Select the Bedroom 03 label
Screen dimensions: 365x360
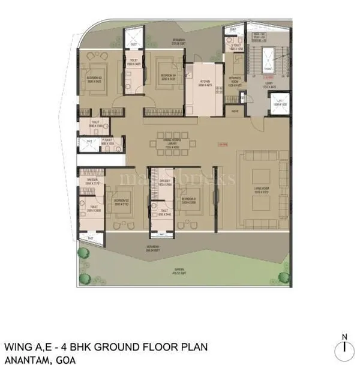(95, 79)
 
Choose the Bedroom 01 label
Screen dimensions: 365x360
(190, 199)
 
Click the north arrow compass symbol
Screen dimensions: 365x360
(344, 347)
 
